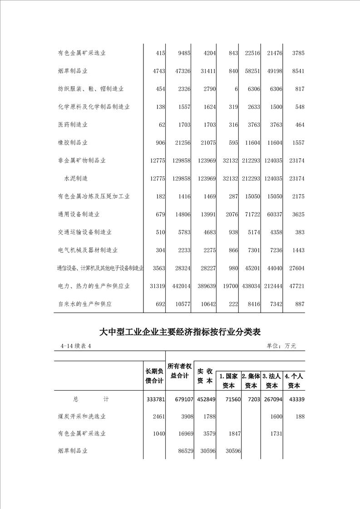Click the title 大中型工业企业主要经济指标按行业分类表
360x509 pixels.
180,332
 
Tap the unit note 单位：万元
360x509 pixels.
281,346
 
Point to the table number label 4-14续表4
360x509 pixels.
76,346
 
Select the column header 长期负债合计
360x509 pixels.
154,376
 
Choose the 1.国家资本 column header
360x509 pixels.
228,381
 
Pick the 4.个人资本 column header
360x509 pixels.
294,381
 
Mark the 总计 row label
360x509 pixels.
91,399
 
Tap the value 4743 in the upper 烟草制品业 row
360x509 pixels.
157,71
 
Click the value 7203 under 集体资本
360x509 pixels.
252,399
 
